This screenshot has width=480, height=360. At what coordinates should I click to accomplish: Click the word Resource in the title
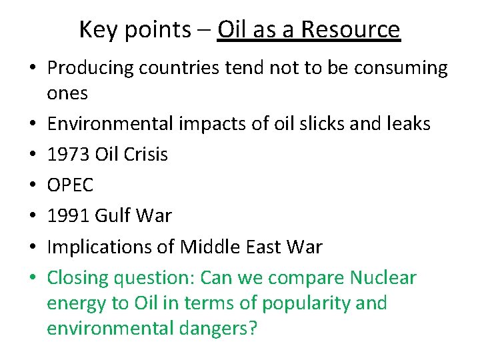click(x=351, y=29)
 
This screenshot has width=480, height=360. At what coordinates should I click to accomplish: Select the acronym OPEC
click(x=70, y=185)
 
